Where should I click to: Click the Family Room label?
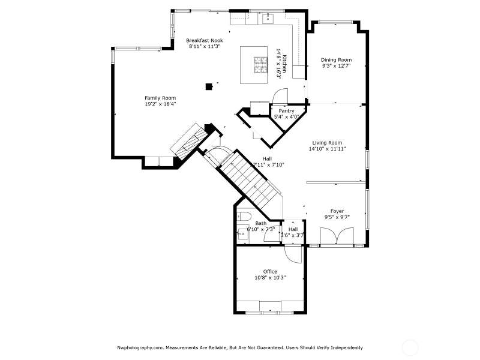160,98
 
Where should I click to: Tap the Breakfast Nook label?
205,40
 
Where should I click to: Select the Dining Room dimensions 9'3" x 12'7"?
336,66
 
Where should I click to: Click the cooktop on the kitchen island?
260,65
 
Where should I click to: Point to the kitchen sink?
268,18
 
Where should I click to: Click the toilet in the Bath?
245,216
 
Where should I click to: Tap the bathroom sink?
243,234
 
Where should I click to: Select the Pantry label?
287,111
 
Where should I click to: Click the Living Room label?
327,143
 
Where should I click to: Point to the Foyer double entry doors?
337,236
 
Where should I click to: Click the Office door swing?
293,254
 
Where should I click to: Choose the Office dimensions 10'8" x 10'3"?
270,278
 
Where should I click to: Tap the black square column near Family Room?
209,86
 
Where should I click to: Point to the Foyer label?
337,211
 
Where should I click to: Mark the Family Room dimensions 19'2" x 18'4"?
160,104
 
